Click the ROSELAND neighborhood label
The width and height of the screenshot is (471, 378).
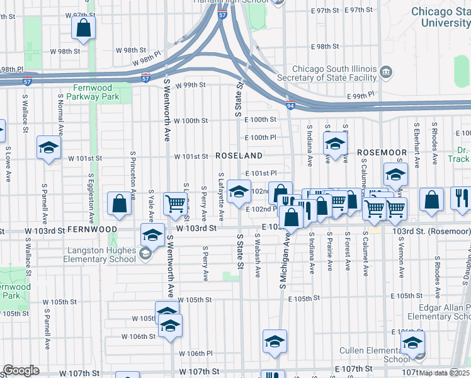tap(239, 155)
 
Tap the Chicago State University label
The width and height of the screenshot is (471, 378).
tap(441, 17)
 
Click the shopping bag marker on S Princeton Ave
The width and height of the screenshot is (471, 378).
tap(119, 203)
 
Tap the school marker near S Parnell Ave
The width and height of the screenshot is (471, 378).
tap(48, 147)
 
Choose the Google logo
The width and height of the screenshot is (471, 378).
tap(21, 370)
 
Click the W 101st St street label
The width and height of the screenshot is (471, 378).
tap(191, 156)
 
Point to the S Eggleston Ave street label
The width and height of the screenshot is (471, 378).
tap(92, 198)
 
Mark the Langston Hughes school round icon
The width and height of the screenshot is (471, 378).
tap(145, 253)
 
